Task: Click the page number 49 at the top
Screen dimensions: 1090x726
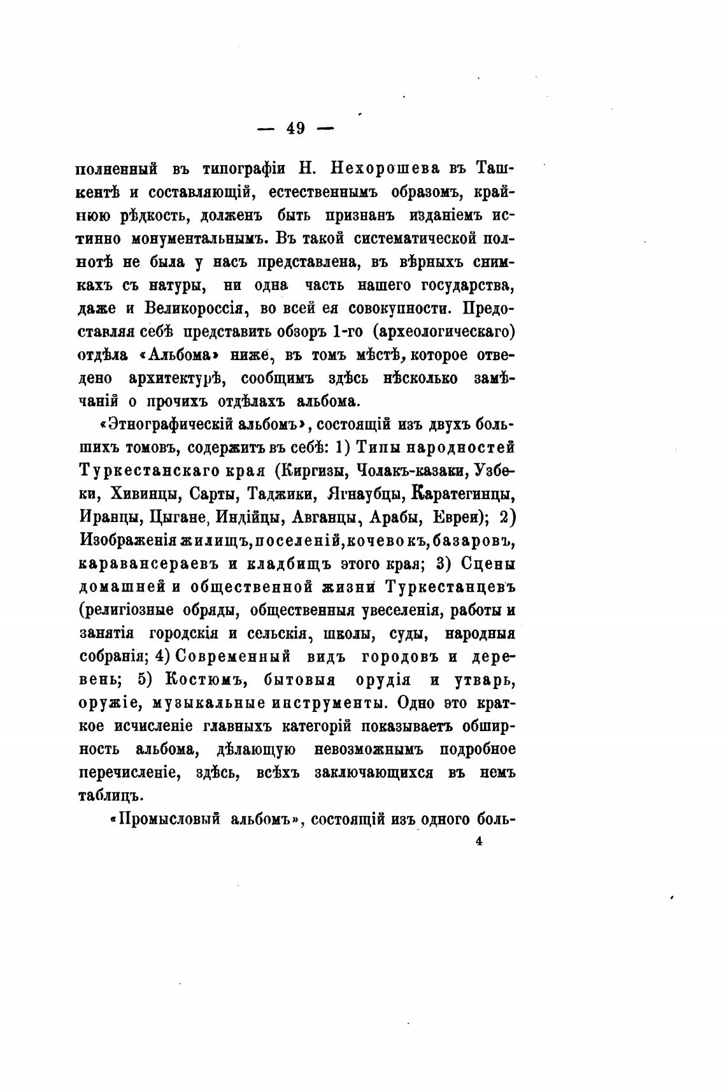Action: [296, 128]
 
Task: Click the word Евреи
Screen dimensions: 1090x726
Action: [454, 517]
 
